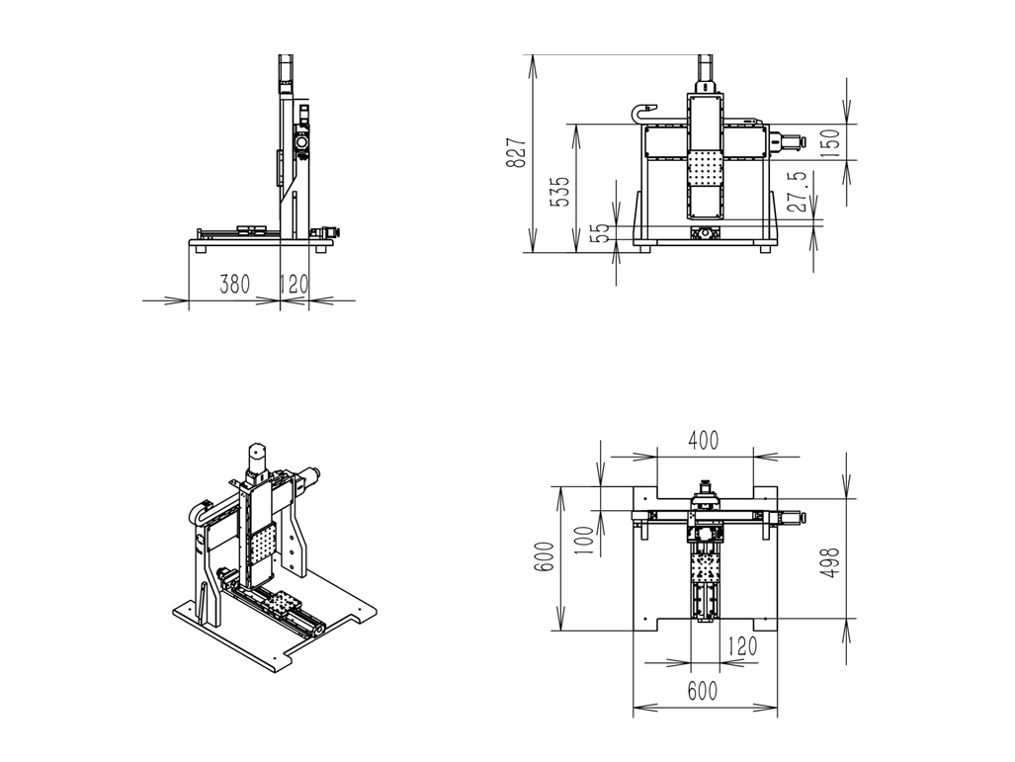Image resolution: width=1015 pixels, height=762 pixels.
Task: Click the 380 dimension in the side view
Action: [x=234, y=285]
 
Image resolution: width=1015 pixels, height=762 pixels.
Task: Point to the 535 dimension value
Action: [x=559, y=192]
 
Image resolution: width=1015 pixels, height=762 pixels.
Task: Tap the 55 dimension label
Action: [x=599, y=233]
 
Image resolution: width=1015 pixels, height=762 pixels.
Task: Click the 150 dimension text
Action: [x=830, y=142]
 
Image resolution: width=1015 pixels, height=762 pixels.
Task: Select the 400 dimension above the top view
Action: [x=703, y=442]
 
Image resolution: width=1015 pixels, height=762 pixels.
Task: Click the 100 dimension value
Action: [x=584, y=536]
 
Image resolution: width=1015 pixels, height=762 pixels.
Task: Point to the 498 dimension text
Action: [x=830, y=562]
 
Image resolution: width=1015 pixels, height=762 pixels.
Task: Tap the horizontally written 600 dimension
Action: [x=702, y=692]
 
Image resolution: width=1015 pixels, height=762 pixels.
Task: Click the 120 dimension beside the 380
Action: [x=294, y=285]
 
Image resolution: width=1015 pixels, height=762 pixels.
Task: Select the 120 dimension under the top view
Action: [x=741, y=647]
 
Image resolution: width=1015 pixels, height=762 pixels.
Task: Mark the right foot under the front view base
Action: [x=765, y=249]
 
